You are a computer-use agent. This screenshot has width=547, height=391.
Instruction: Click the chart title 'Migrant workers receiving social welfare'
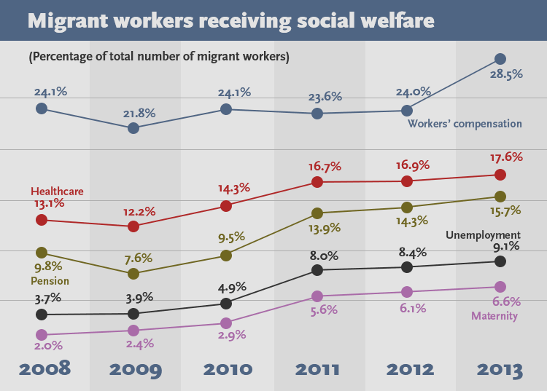tap(230, 20)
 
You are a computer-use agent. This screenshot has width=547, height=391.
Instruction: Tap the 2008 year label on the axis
tap(44, 368)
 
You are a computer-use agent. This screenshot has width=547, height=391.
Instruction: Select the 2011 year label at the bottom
tap(317, 368)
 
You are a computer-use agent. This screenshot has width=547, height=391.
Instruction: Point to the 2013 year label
tap(500, 368)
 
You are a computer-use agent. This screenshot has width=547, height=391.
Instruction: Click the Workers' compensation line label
tap(465, 123)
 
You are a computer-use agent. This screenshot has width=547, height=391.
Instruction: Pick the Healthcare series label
tap(55, 190)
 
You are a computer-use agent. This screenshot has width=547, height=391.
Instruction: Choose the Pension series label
tap(50, 280)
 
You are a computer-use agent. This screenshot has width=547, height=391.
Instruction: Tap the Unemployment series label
tap(483, 235)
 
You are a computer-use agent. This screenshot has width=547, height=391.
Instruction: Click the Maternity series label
tap(494, 316)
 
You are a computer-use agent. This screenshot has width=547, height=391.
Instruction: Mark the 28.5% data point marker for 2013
tap(500, 59)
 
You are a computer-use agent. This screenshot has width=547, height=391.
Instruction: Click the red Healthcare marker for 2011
tap(317, 182)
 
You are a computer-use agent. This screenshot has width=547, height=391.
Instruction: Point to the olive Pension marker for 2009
tap(133, 274)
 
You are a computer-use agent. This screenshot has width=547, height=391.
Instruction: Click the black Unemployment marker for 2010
tap(226, 303)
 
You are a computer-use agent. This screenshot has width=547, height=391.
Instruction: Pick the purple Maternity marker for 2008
tap(42, 335)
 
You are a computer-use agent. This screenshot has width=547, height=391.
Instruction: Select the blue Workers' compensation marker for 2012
tap(407, 111)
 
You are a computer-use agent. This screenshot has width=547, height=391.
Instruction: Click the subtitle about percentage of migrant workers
tap(158, 56)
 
